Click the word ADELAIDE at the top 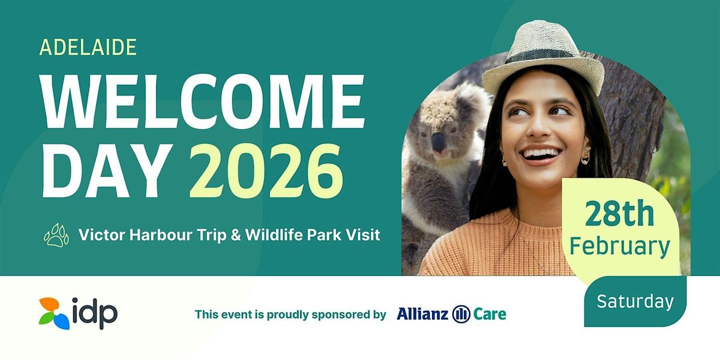pos(88,47)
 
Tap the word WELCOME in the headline pos(203,101)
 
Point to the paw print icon pos(56,235)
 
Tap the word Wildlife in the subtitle pos(274,235)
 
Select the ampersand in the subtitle pos(236,235)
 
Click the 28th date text pos(620,214)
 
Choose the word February pos(620,247)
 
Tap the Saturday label pos(635,301)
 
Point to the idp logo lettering pos(95,313)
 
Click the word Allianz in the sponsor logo pos(422,314)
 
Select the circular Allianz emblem pos(461,314)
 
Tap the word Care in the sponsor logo pos(490,314)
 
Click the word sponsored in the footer pos(340,315)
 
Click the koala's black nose pos(439,142)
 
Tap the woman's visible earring pos(586,157)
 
